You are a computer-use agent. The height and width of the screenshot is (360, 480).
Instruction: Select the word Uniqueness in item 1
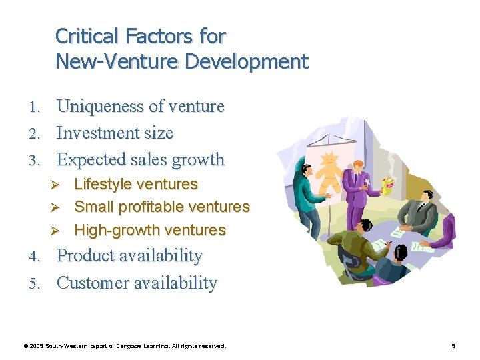(x=101, y=107)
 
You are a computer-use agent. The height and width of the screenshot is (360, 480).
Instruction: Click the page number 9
(x=453, y=346)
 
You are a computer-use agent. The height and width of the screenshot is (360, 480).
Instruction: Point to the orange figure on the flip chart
(x=329, y=171)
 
